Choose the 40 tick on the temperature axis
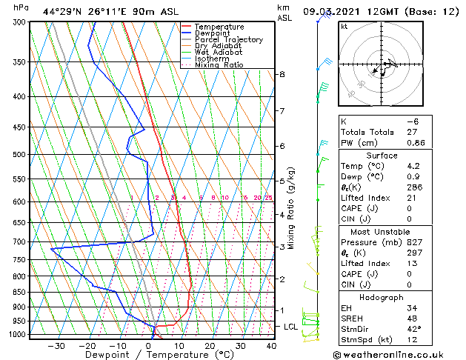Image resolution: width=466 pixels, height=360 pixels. click(x=271, y=345)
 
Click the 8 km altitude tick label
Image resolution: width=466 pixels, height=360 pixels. click(x=282, y=75)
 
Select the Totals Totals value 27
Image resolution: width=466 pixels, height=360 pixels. click(x=412, y=132)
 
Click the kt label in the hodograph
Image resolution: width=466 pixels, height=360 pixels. click(x=344, y=26)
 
